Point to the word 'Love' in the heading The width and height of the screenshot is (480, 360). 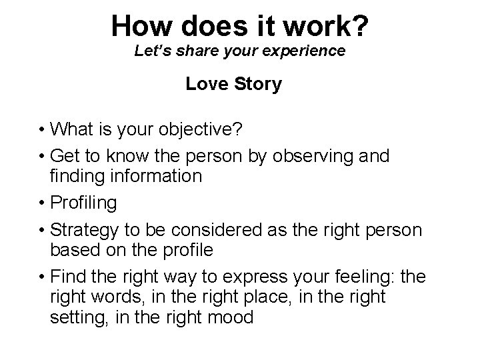pos(203,85)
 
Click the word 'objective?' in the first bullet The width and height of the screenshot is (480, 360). pos(212,128)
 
